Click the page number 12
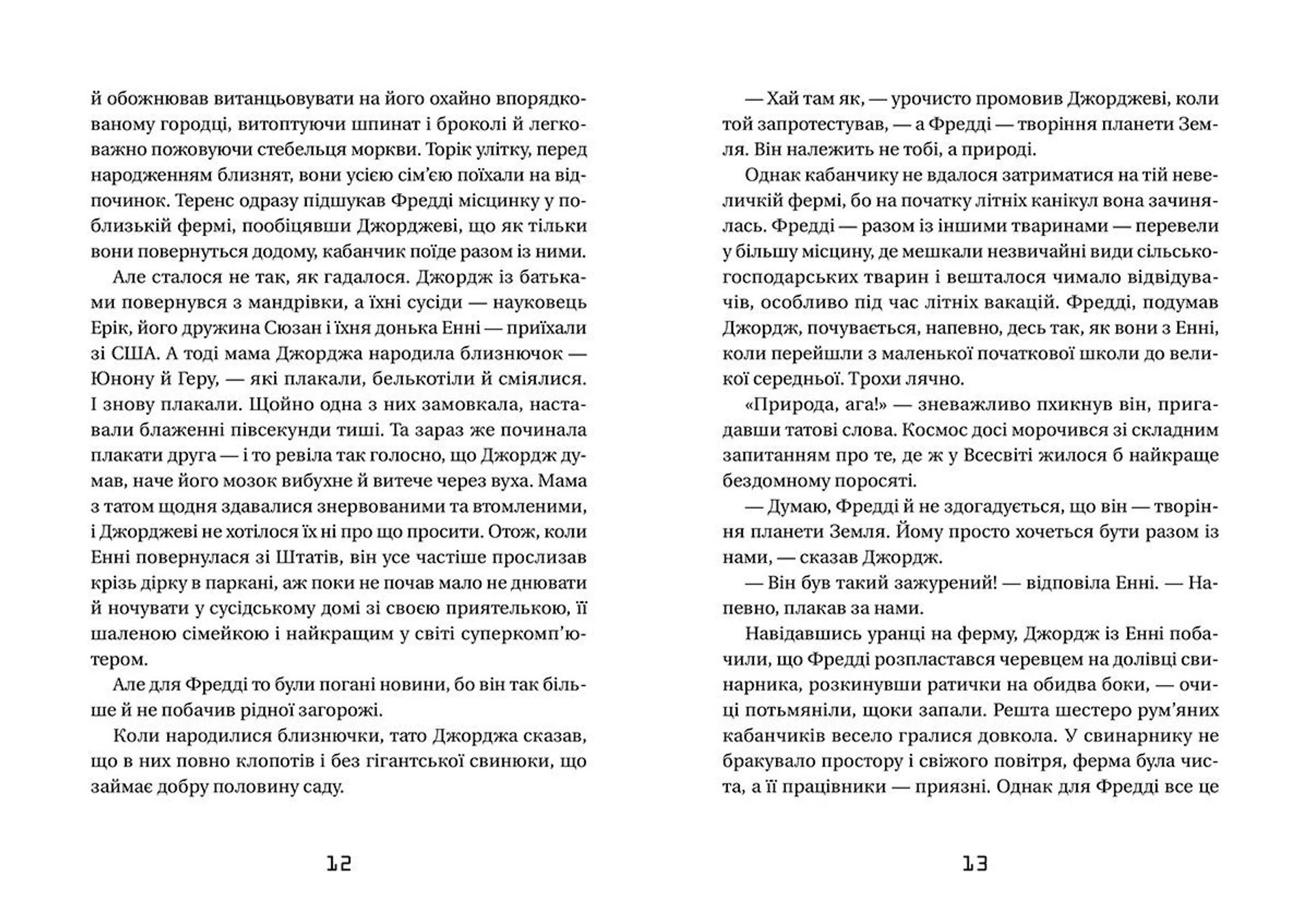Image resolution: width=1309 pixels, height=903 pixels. tap(339, 864)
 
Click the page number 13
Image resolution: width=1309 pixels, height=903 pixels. tap(975, 864)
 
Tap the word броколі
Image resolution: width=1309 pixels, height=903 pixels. tap(477, 124)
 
